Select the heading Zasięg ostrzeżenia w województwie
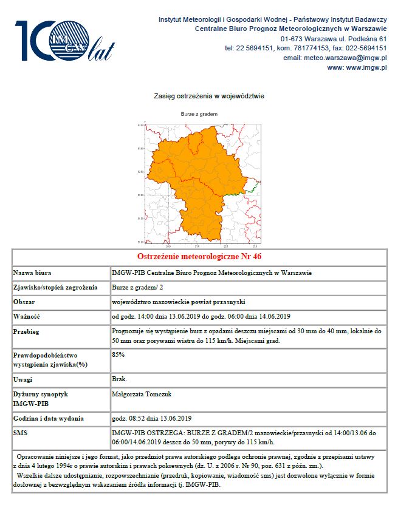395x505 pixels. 201,96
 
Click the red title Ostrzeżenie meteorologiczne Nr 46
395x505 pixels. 199,257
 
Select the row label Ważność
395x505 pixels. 26,316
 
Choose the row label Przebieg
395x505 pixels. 27,331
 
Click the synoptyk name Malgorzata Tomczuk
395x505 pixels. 142,394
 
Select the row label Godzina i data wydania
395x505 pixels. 49,419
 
